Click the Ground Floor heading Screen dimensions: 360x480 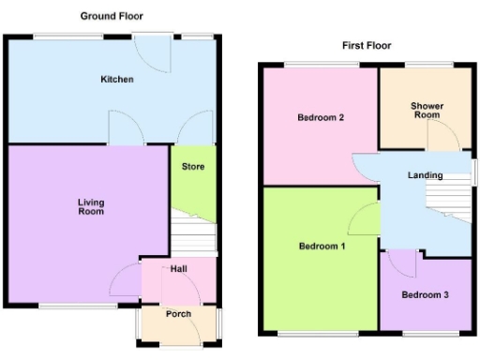(112, 16)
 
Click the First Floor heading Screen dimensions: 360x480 (367, 45)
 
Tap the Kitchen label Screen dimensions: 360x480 (117, 80)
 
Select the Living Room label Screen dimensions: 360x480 (91, 207)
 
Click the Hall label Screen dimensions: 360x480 (178, 269)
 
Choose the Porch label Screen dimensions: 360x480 (178, 314)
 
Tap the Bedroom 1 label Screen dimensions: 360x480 (322, 247)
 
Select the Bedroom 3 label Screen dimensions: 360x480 (426, 295)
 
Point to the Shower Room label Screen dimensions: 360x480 (426, 111)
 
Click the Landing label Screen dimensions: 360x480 (425, 175)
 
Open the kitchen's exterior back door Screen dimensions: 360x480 (152, 51)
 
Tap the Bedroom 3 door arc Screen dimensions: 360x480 (403, 262)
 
